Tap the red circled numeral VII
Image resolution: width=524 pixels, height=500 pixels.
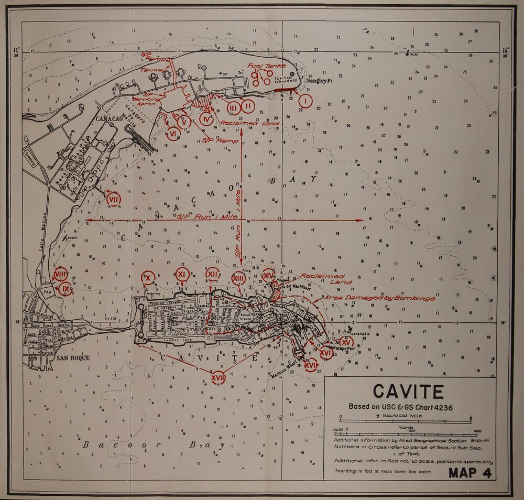(x=114, y=199)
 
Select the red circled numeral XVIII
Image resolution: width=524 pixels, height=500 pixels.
(x=219, y=376)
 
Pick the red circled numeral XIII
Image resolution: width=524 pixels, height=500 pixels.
(x=238, y=278)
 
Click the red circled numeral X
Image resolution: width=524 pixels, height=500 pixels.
(x=148, y=277)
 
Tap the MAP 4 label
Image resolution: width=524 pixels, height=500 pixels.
(x=470, y=473)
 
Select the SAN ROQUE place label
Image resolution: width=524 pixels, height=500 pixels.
(x=73, y=358)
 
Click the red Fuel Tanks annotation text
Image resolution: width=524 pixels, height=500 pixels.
(x=267, y=66)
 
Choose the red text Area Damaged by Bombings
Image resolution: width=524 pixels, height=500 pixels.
(x=379, y=298)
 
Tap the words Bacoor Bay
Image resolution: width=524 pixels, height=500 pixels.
(x=152, y=446)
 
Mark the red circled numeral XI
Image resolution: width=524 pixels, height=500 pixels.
(x=182, y=274)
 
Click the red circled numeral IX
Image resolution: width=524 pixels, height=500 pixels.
(x=65, y=289)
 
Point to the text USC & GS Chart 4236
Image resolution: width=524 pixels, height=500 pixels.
(x=401, y=407)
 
